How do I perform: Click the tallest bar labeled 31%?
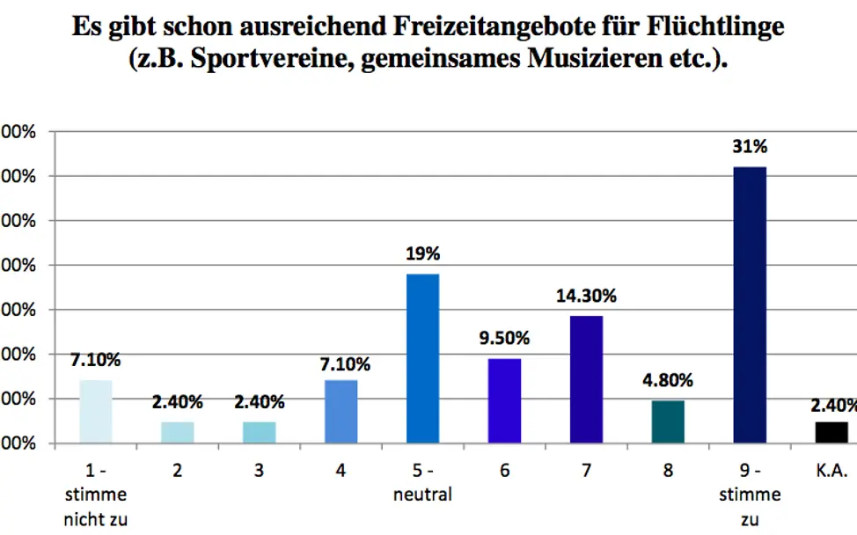[750, 304]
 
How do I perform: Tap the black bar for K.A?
[831, 432]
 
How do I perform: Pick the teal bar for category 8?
[668, 421]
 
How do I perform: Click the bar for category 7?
[586, 378]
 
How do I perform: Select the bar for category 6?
[504, 400]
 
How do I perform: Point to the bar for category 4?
[341, 411]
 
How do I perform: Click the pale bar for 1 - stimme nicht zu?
[96, 411]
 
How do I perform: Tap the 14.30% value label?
[586, 297]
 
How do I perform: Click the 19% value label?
[422, 254]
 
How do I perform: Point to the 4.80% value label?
[668, 381]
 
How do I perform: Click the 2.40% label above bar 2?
[177, 402]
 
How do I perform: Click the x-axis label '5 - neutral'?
[422, 483]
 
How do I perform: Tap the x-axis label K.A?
[831, 471]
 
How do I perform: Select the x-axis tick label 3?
[259, 471]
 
